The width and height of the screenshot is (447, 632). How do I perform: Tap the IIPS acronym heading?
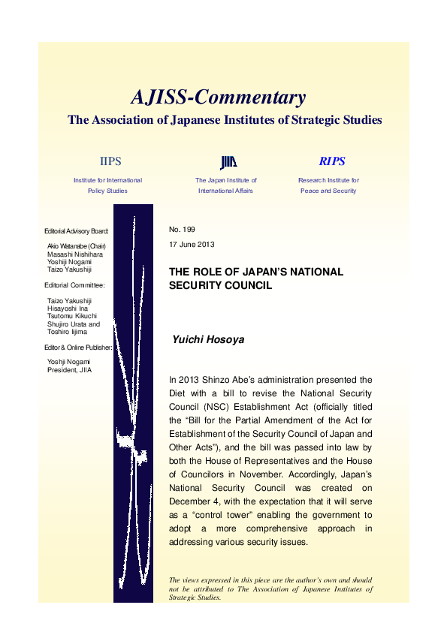tap(110, 161)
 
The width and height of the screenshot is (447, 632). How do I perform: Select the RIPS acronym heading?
tap(331, 161)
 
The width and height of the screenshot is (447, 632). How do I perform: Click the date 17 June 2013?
tap(193, 245)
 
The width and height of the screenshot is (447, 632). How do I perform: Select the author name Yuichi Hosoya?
tap(209, 339)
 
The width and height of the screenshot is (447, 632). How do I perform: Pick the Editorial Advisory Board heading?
tap(77, 230)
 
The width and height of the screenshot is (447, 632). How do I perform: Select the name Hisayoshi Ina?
tap(68, 308)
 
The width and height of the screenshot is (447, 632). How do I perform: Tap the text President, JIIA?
tap(68, 369)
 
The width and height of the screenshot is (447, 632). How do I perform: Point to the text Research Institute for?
tap(328, 180)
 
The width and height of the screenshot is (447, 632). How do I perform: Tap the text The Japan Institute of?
tap(226, 180)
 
